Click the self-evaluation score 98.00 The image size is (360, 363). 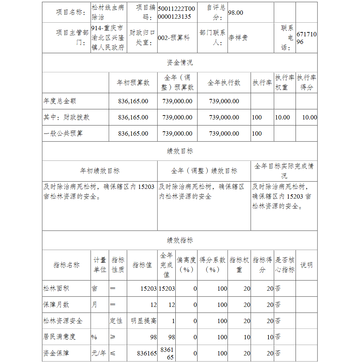click(x=236, y=13)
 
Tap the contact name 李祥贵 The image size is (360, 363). click(x=238, y=38)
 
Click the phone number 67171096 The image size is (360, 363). click(x=306, y=38)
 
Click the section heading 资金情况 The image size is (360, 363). click(x=180, y=63)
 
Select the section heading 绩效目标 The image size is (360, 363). click(x=180, y=151)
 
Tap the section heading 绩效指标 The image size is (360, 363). click(x=180, y=240)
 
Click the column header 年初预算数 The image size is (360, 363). click(x=133, y=83)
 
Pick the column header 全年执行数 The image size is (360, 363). click(x=224, y=83)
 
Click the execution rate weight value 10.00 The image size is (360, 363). click(x=282, y=117)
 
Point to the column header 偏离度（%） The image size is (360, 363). click(x=186, y=265)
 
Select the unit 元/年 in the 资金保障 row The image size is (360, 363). click(x=99, y=353)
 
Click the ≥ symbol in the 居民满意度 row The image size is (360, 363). click(x=113, y=337)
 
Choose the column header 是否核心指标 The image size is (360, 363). click(x=285, y=265)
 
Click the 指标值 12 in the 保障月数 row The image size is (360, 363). click(x=153, y=305)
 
